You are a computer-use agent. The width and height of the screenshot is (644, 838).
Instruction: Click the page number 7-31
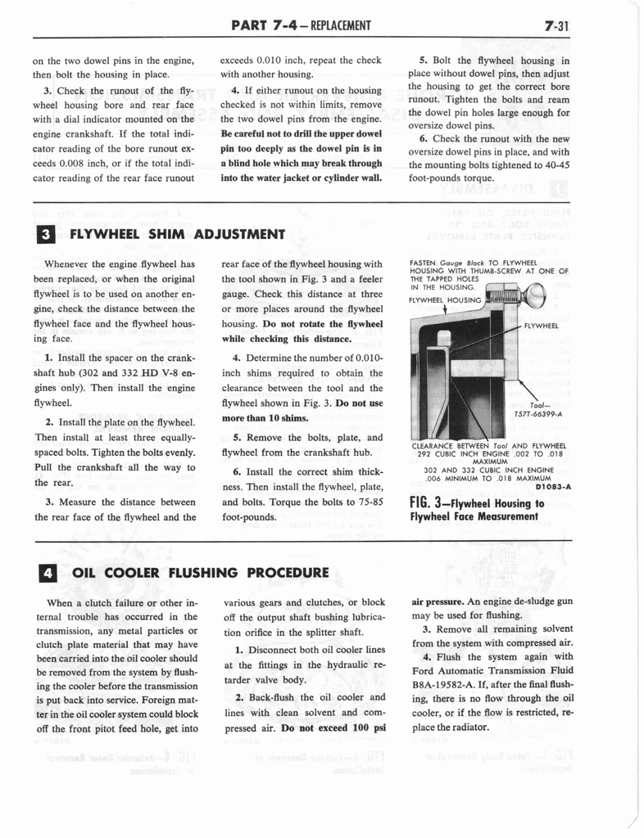(x=556, y=25)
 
